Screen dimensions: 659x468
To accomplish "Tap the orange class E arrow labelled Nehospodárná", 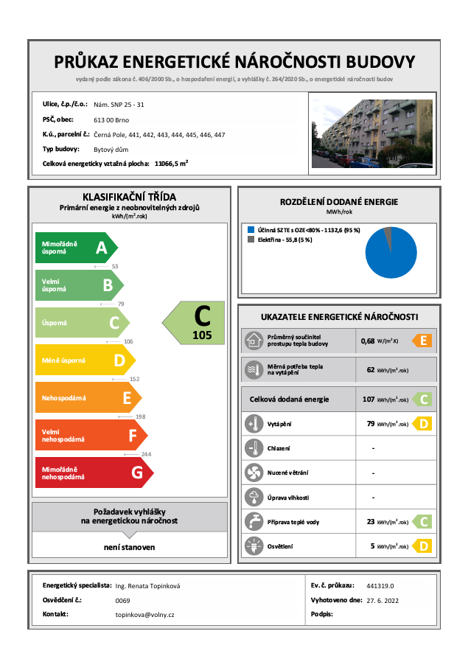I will (x=88, y=398).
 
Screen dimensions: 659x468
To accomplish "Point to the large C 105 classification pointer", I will (x=194, y=321).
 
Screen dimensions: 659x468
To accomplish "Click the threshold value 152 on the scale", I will (x=134, y=379).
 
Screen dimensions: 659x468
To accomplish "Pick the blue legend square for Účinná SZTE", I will (x=251, y=230).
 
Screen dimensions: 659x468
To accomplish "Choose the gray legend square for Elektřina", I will (x=251, y=240).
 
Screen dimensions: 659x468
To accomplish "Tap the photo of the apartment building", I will (x=375, y=133).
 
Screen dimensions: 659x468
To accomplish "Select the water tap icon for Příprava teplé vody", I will (x=254, y=521).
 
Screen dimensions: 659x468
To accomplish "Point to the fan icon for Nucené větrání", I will (x=254, y=473).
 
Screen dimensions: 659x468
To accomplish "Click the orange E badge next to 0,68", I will (x=422, y=341).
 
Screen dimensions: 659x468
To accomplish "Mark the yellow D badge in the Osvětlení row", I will (x=422, y=546).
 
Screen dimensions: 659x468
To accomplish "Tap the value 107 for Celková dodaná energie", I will (x=369, y=400).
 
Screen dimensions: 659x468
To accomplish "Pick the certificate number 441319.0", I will (x=380, y=586).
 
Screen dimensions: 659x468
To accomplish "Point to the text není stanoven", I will (x=129, y=547).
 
